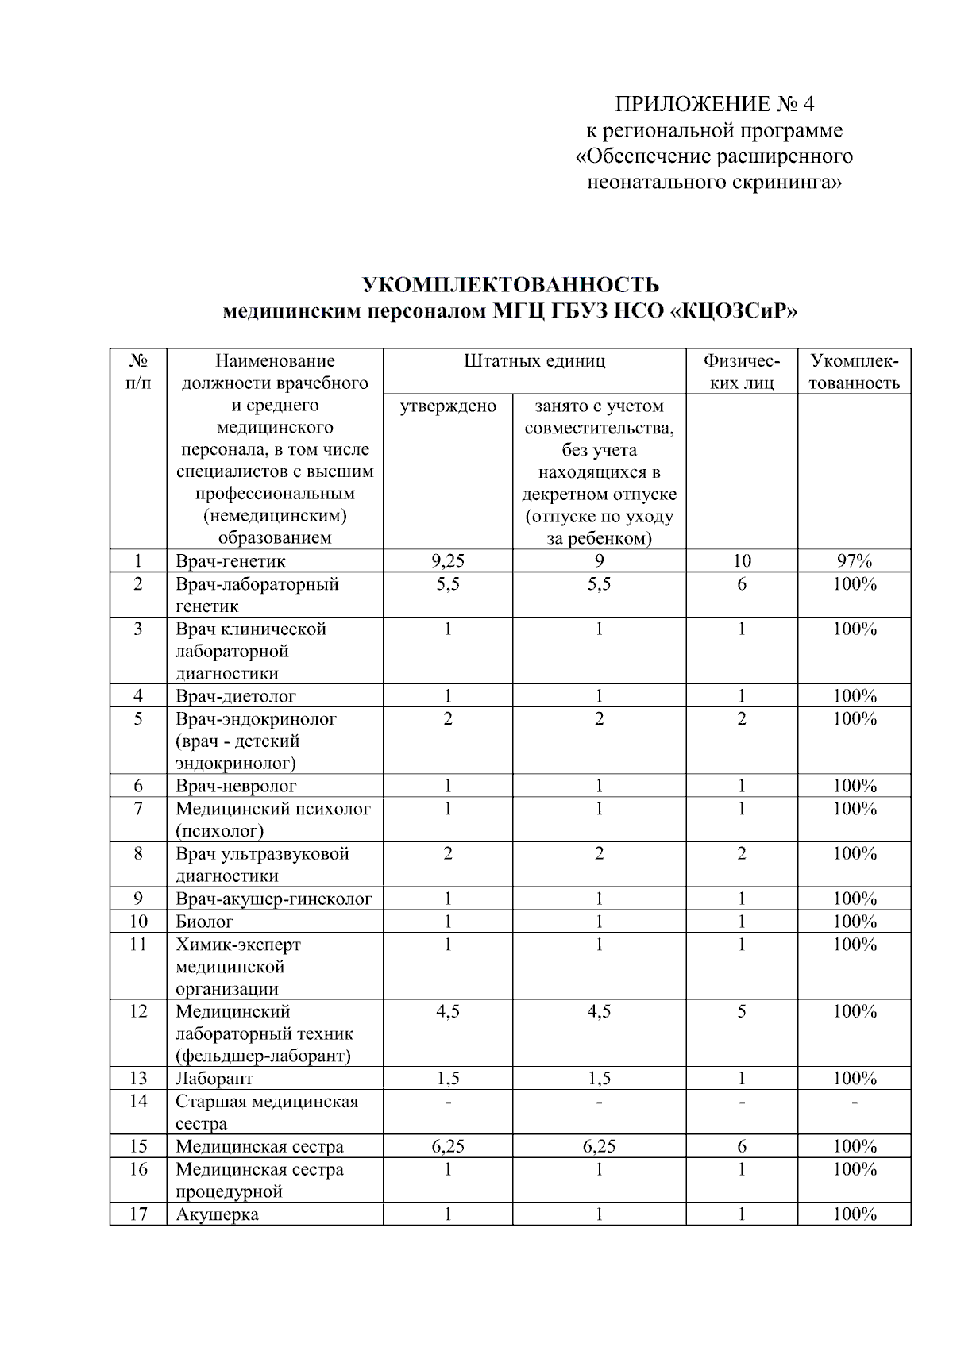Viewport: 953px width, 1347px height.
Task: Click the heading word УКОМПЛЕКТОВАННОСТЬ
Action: click(x=511, y=284)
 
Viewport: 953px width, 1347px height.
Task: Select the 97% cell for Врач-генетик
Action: click(x=855, y=561)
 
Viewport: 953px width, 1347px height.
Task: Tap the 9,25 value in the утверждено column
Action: click(x=448, y=561)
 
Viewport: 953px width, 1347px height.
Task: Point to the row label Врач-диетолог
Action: click(x=236, y=696)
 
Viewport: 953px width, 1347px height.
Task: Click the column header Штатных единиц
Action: click(x=534, y=361)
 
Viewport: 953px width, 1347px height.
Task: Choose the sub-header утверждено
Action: click(x=448, y=406)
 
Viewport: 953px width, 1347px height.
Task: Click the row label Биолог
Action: click(x=205, y=922)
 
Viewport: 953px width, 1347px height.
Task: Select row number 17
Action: click(x=138, y=1214)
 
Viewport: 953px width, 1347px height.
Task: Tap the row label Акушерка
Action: click(x=217, y=1214)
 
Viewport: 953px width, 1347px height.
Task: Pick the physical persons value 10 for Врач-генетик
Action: click(x=742, y=561)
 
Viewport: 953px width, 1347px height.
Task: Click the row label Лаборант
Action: click(x=214, y=1079)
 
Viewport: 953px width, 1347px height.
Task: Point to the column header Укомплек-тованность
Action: click(x=855, y=371)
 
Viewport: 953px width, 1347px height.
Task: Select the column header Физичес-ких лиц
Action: click(x=742, y=371)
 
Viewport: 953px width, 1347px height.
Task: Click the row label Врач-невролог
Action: click(x=236, y=787)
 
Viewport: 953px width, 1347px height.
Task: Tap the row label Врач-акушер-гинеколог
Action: click(x=274, y=899)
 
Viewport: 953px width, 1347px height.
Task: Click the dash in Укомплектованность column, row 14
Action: click(x=855, y=1102)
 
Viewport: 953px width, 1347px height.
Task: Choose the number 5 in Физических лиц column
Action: click(x=742, y=1012)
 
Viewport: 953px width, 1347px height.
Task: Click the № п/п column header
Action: click(x=138, y=371)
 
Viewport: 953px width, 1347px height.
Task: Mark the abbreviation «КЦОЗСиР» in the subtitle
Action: click(x=735, y=311)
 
